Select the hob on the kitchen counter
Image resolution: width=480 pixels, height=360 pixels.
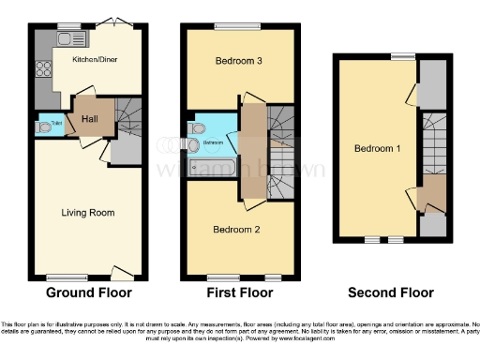pos(42,67)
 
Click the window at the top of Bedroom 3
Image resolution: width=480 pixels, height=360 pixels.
pos(228,25)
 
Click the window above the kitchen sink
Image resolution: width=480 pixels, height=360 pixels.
pos(67,25)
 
